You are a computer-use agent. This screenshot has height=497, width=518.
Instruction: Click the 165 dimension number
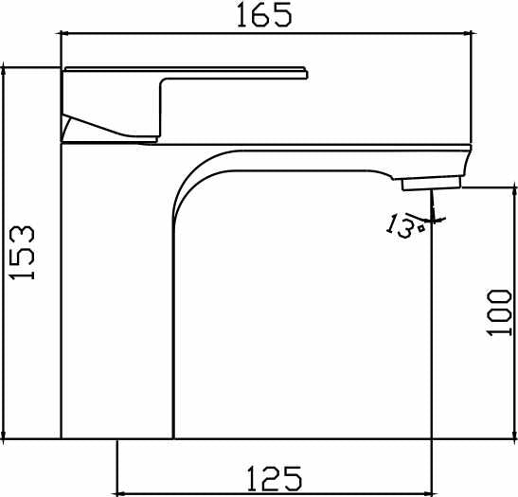(x=264, y=14)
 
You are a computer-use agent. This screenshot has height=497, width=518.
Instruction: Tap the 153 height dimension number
(x=22, y=253)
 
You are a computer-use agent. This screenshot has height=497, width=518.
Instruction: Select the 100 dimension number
(x=499, y=312)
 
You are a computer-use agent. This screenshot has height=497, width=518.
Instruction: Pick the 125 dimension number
(x=275, y=478)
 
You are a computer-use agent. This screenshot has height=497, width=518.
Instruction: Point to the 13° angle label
(x=404, y=226)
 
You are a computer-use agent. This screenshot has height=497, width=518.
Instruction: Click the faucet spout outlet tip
(x=431, y=184)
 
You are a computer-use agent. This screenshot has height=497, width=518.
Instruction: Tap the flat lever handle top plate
(x=186, y=73)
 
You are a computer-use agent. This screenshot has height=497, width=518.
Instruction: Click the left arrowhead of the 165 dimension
(x=63, y=33)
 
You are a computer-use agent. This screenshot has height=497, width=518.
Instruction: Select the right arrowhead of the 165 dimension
(x=471, y=33)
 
